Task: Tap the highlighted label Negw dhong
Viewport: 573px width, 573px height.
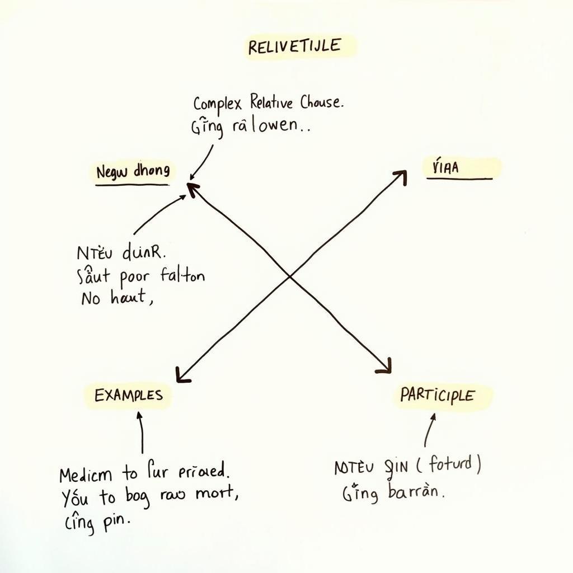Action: [x=133, y=172]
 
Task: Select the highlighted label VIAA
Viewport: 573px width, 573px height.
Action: [x=445, y=167]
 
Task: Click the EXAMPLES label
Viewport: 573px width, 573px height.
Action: [x=129, y=395]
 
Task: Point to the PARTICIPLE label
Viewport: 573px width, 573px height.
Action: [x=437, y=396]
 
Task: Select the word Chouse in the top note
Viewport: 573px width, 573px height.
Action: [x=321, y=102]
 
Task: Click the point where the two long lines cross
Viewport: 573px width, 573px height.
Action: [x=289, y=275]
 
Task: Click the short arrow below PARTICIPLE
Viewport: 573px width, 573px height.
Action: [x=429, y=430]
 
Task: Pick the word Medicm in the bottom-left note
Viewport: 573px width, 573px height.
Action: [x=86, y=475]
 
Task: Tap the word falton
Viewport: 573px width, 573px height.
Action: [x=182, y=275]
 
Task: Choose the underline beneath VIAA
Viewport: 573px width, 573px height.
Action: [x=459, y=179]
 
